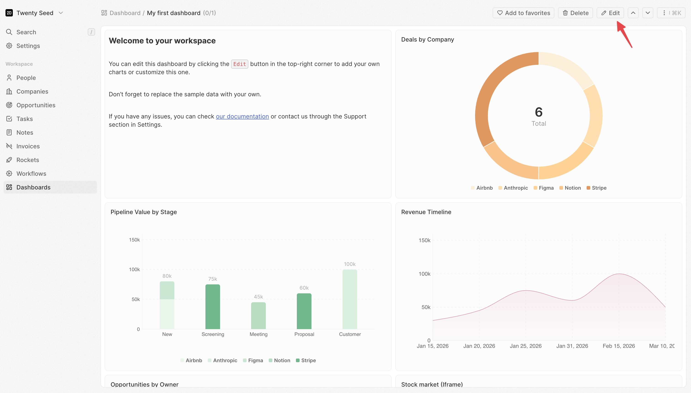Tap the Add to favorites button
tap(523, 13)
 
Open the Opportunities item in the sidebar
tap(36, 105)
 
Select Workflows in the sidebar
tap(31, 173)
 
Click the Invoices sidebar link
tap(28, 146)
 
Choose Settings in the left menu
tap(28, 46)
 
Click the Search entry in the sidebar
tap(26, 32)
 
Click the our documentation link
tap(242, 116)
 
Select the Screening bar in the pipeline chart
tap(213, 307)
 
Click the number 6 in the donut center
tap(539, 112)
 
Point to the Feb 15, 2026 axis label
tap(619, 346)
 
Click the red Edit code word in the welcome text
tap(239, 64)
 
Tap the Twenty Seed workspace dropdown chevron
tap(61, 13)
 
